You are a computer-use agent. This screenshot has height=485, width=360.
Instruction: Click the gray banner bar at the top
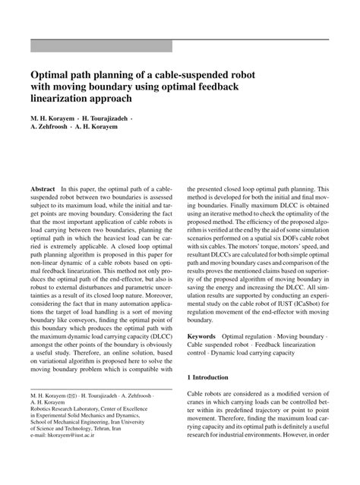(x=101, y=46)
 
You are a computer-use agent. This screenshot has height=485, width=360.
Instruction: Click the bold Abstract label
(x=42, y=186)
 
